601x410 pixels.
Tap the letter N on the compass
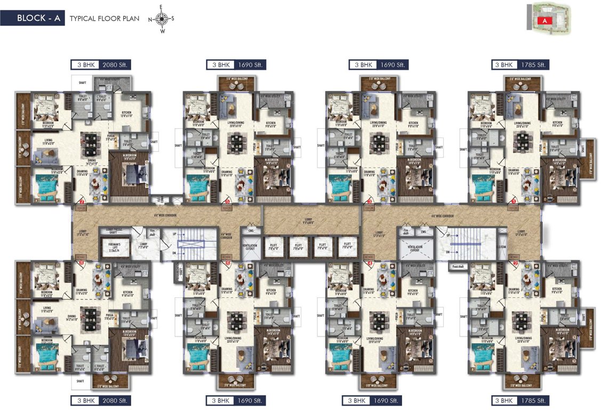[x=151, y=19]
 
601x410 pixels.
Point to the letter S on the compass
[x=172, y=19]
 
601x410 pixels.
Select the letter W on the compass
[x=162, y=31]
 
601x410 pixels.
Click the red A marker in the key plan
[x=544, y=21]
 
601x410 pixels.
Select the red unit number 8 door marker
[x=82, y=263]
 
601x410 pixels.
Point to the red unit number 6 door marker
[x=228, y=263]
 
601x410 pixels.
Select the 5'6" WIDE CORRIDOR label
[x=226, y=235]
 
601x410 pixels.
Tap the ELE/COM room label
[x=501, y=247]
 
